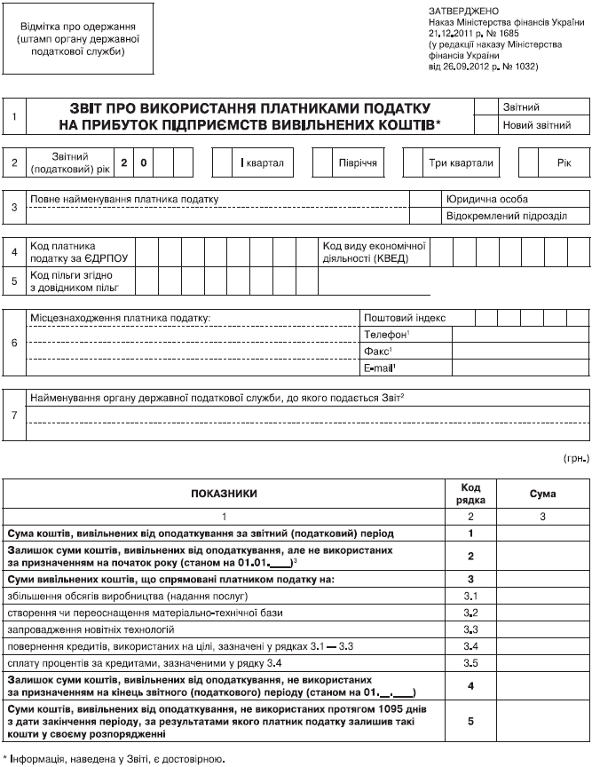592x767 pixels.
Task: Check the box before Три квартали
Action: [414, 163]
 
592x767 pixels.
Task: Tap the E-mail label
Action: [380, 368]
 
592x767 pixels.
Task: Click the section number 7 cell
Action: [14, 415]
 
